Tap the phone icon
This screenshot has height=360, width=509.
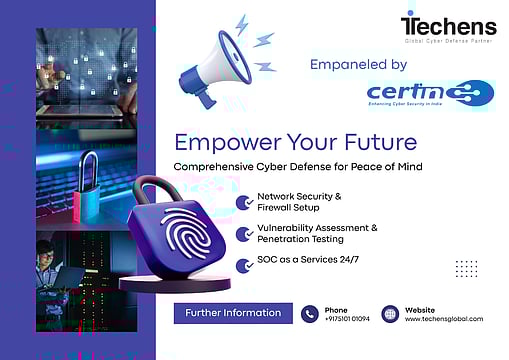coord(310,314)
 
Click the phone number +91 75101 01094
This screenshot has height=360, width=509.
coord(347,319)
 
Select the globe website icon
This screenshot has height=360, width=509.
coord(390,314)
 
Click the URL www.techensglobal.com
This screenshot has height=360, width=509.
coord(443,319)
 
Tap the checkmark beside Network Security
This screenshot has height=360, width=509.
coord(243,202)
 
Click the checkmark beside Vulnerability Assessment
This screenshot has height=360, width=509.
coord(243,233)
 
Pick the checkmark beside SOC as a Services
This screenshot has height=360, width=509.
coord(243,264)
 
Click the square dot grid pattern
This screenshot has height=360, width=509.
coord(466,269)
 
